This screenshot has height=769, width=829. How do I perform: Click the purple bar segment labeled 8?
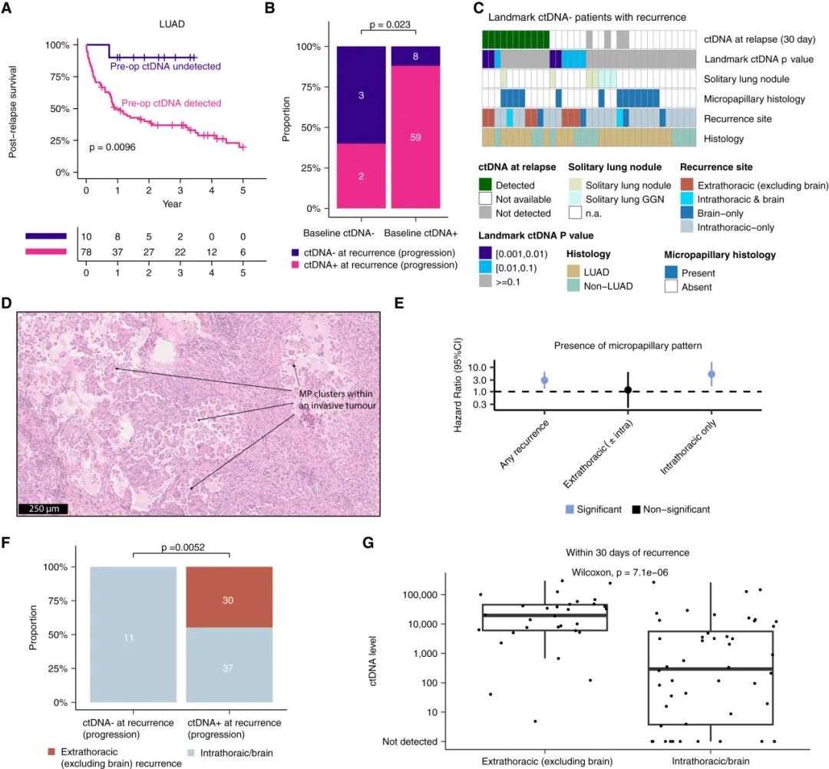(414, 56)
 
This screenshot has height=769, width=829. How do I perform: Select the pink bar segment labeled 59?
(414, 137)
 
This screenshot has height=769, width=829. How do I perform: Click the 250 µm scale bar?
(44, 508)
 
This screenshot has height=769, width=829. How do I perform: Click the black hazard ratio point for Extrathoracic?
(628, 390)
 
